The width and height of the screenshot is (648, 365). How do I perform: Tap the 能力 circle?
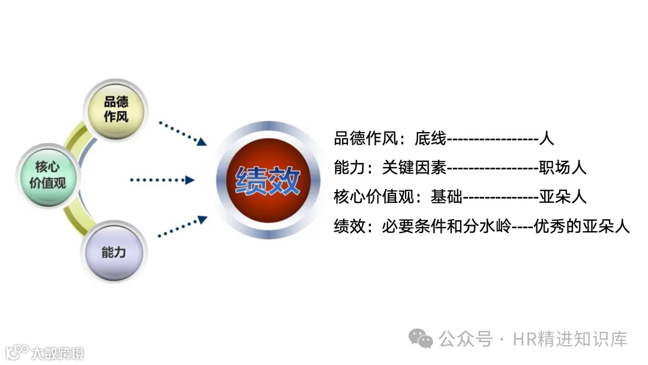click(x=114, y=252)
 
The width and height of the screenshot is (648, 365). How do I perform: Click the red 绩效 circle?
click(x=268, y=179)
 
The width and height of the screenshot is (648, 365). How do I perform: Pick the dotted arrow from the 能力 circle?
click(x=182, y=226)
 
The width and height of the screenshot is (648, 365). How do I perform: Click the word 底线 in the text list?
click(x=430, y=139)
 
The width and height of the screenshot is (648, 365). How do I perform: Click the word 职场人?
click(x=562, y=167)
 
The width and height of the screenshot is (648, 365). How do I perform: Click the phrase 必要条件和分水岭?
click(x=446, y=226)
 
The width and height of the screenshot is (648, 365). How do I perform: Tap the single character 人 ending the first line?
click(x=547, y=139)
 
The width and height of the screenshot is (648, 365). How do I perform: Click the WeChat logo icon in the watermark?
click(x=421, y=339)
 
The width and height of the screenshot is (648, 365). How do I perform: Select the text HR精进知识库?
click(x=570, y=339)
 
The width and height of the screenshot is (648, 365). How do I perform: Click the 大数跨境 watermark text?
click(x=58, y=352)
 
